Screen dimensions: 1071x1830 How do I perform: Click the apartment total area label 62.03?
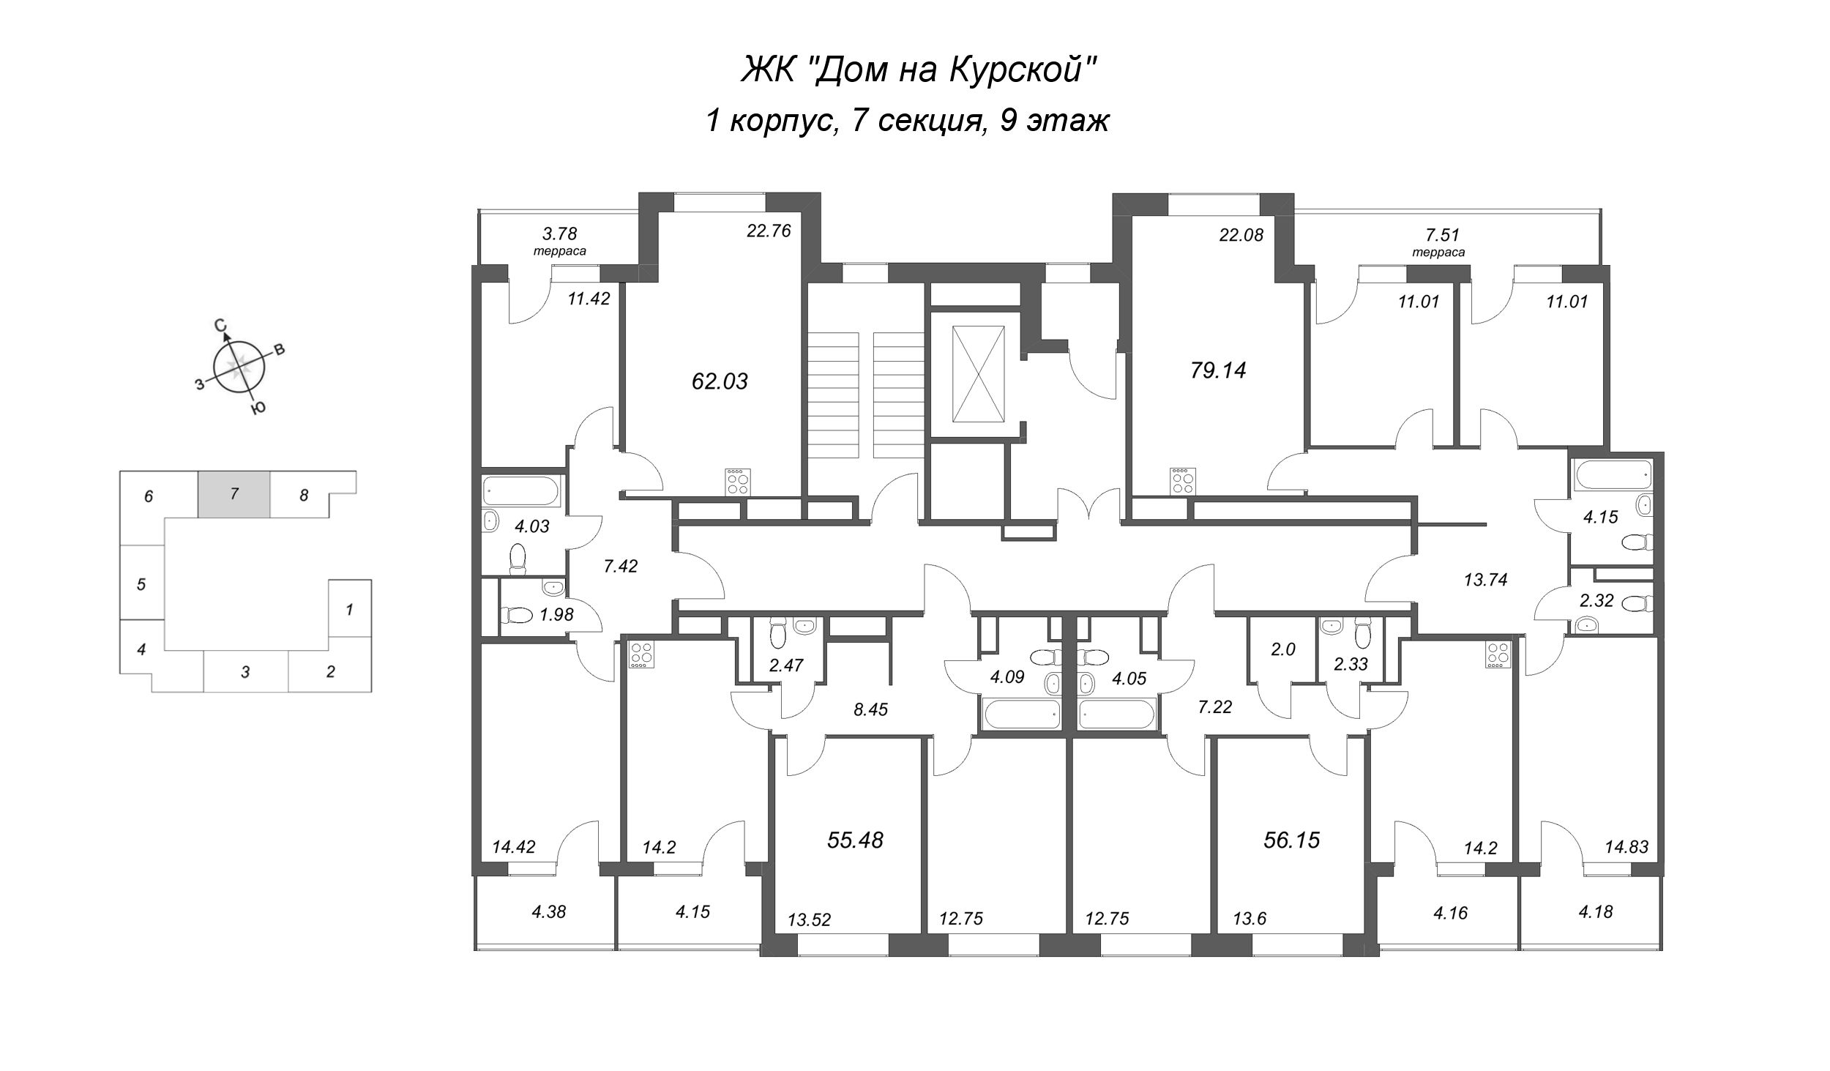point(720,381)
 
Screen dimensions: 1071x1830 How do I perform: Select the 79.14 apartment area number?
point(1217,370)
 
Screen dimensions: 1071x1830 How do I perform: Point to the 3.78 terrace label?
point(559,234)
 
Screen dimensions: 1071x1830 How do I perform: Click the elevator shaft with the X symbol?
point(977,374)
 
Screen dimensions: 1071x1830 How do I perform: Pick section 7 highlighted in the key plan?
point(234,494)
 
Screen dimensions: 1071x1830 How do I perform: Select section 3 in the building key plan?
point(245,671)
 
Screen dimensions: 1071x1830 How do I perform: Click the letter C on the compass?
point(219,326)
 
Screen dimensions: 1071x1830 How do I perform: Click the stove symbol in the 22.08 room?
point(1182,482)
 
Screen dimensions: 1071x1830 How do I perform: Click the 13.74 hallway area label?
point(1485,580)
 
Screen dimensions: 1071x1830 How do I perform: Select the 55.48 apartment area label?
point(855,840)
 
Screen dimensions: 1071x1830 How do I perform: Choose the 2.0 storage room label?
point(1283,649)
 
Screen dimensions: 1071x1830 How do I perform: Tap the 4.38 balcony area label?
point(549,912)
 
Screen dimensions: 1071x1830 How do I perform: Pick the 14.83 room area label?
point(1627,847)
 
